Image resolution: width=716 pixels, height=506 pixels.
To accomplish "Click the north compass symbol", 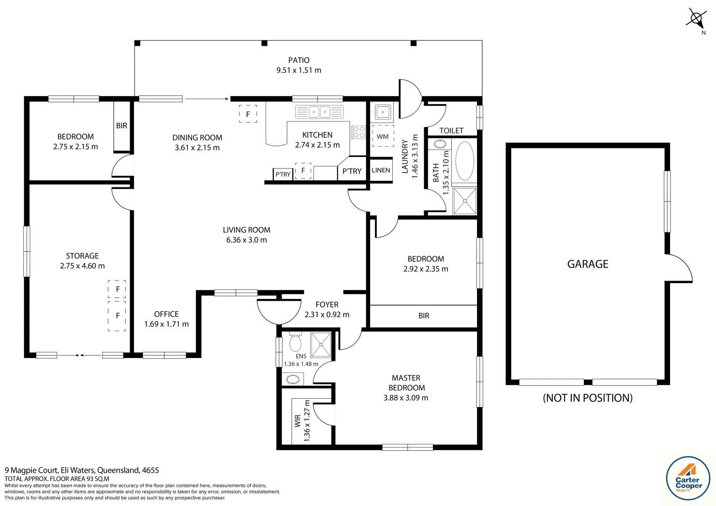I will [x=696, y=20].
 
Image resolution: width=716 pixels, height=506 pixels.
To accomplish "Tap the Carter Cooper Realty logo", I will [x=688, y=478].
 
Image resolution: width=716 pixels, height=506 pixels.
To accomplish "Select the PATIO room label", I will [x=299, y=60].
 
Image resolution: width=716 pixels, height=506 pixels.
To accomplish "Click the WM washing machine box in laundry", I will [x=382, y=136].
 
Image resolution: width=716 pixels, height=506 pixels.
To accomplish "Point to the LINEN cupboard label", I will [x=381, y=170].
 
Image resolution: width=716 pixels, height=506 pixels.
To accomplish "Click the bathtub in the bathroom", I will [x=464, y=161].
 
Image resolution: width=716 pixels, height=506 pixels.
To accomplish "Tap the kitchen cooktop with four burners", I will [x=358, y=132].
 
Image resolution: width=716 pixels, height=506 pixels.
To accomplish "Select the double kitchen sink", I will [x=319, y=112].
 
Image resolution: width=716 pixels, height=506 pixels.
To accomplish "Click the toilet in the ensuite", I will [x=295, y=342].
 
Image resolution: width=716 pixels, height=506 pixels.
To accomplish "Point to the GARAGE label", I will [x=588, y=264].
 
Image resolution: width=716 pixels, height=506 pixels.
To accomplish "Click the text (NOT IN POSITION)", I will [x=588, y=398].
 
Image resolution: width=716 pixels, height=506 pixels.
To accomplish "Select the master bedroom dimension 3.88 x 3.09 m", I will [x=406, y=398].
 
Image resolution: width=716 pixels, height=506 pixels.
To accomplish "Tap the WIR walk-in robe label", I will [x=297, y=421].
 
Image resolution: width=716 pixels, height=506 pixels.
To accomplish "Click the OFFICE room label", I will [x=166, y=314].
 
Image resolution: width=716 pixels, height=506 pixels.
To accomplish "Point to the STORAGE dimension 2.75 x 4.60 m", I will [x=82, y=266].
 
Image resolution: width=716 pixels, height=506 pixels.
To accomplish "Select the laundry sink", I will [x=383, y=112].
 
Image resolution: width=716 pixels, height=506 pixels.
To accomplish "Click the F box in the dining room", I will [x=248, y=114].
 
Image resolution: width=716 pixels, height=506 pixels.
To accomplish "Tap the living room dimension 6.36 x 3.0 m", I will [x=246, y=240].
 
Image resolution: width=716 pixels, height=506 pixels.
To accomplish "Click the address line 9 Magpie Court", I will [x=82, y=470].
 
